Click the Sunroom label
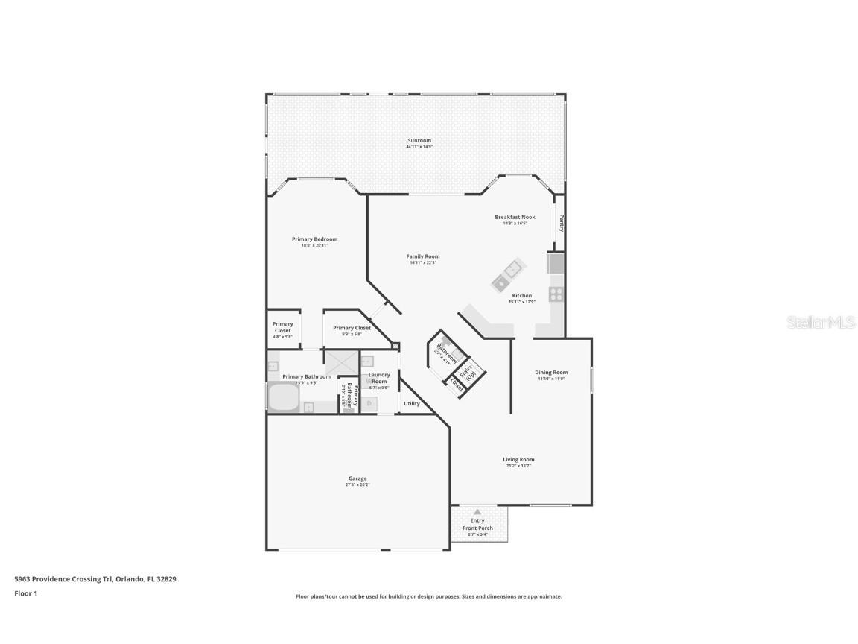coord(419,140)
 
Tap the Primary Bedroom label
coord(314,239)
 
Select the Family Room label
coord(422,256)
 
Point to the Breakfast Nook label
coord(515,217)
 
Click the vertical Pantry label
coord(561,224)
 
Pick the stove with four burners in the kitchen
coord(556,294)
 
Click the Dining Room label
coord(551,373)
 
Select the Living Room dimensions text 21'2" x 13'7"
coord(518,466)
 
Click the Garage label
coord(357,479)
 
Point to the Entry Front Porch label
coord(477,524)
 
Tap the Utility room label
coord(412,404)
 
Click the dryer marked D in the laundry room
coord(369,404)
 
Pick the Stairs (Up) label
coord(470,372)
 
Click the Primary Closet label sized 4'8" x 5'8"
coord(283,327)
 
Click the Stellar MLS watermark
coord(820,323)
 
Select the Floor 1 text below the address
coord(25,593)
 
